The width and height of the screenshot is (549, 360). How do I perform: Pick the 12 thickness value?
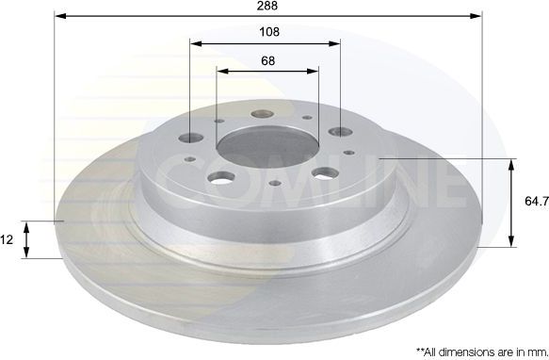pyautogui.click(x=7, y=239)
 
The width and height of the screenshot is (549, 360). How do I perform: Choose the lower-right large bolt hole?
pyautogui.click(x=324, y=172)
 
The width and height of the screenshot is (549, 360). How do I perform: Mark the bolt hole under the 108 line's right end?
pyautogui.click(x=338, y=133)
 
